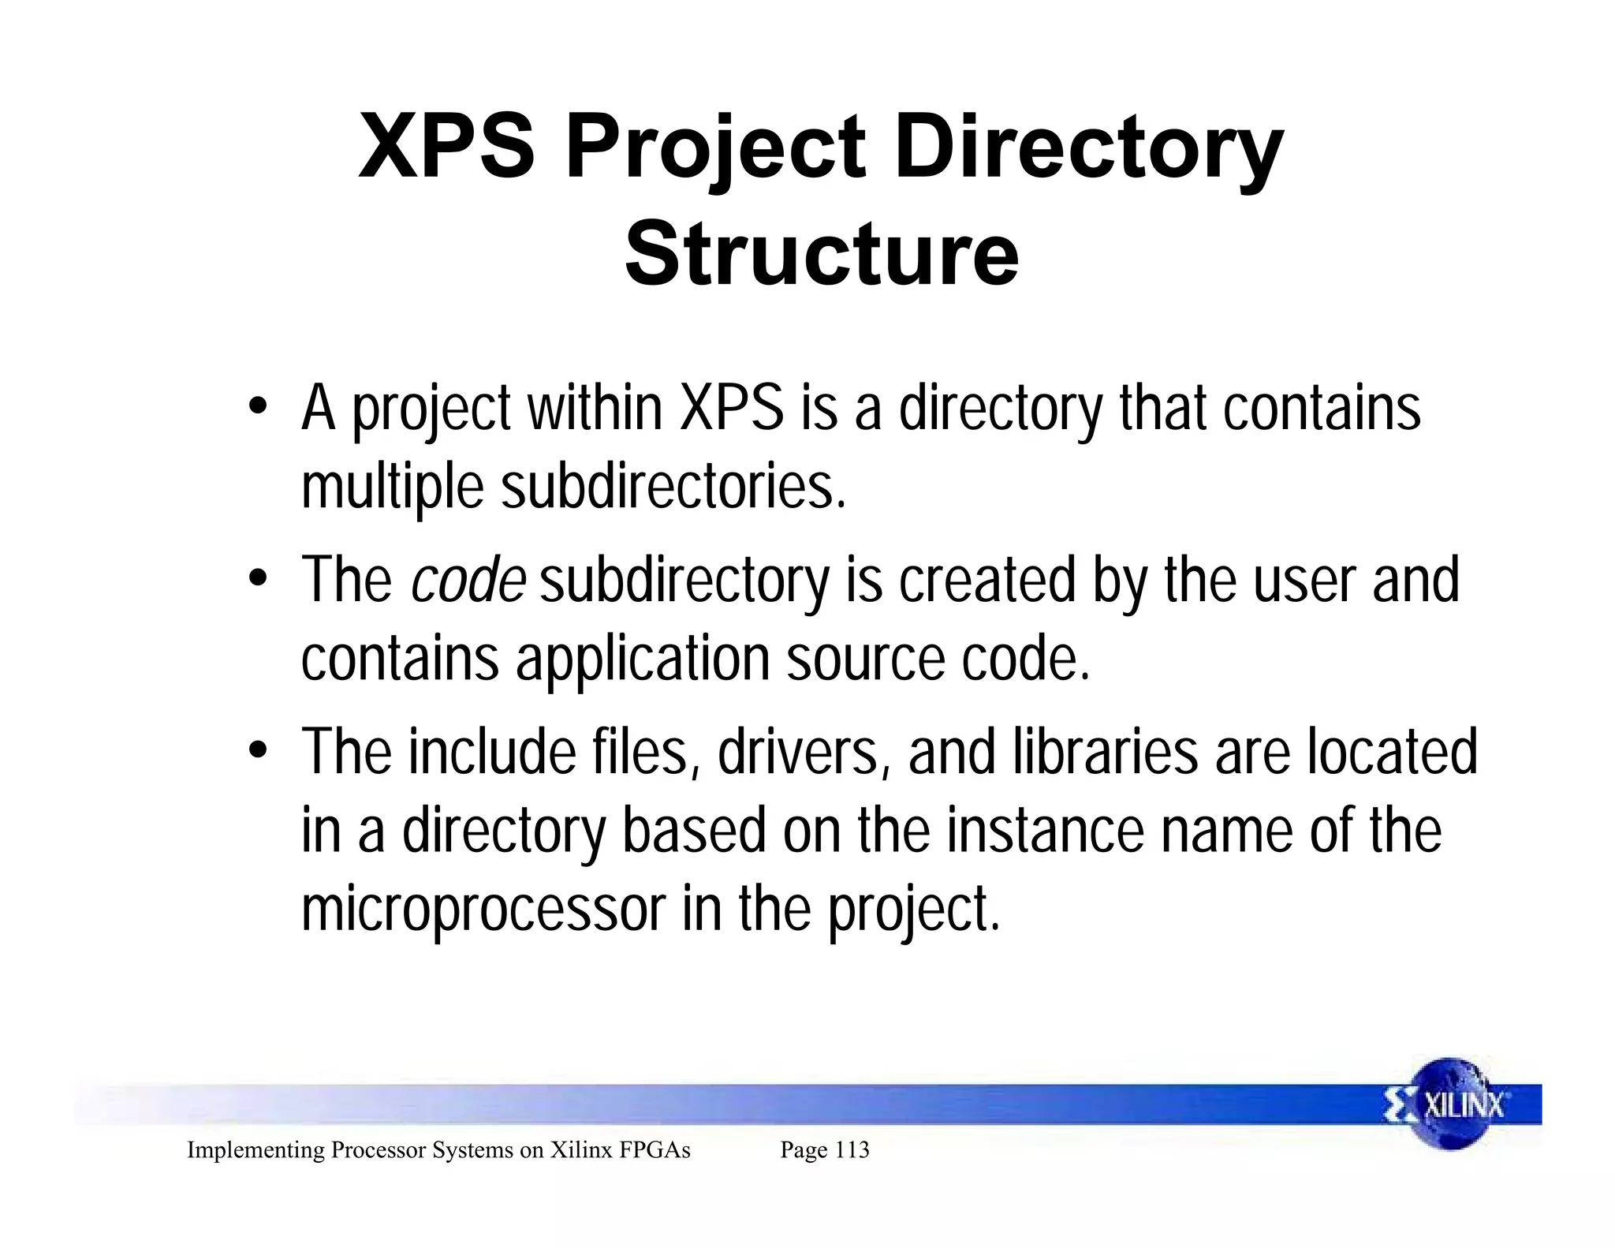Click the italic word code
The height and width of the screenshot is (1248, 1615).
pos(468,580)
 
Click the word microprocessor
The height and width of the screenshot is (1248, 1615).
pos(483,909)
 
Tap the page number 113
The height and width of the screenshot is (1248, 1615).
pos(852,1150)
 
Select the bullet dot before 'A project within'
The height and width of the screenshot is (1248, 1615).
pos(256,409)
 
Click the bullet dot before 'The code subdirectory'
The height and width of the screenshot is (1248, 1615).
pos(256,581)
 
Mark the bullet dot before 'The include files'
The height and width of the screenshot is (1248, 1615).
pos(256,752)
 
